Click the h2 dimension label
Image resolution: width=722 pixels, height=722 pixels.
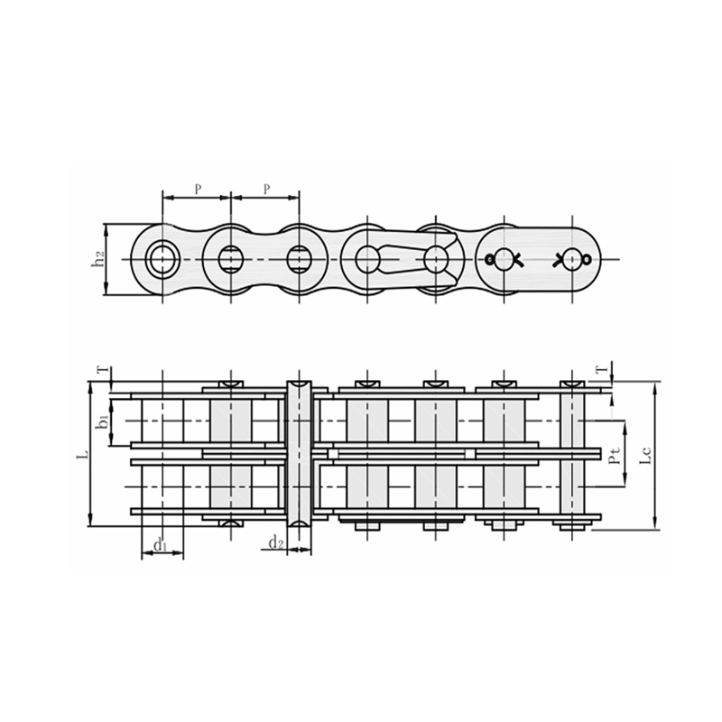pyautogui.click(x=98, y=259)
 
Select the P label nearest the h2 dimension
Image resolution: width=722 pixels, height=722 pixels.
pyautogui.click(x=197, y=189)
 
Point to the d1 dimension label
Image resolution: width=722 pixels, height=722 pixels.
pyautogui.click(x=160, y=544)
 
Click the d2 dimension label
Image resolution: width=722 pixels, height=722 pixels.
pyautogui.click(x=276, y=542)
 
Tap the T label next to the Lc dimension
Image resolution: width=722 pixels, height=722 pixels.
pyautogui.click(x=601, y=370)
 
